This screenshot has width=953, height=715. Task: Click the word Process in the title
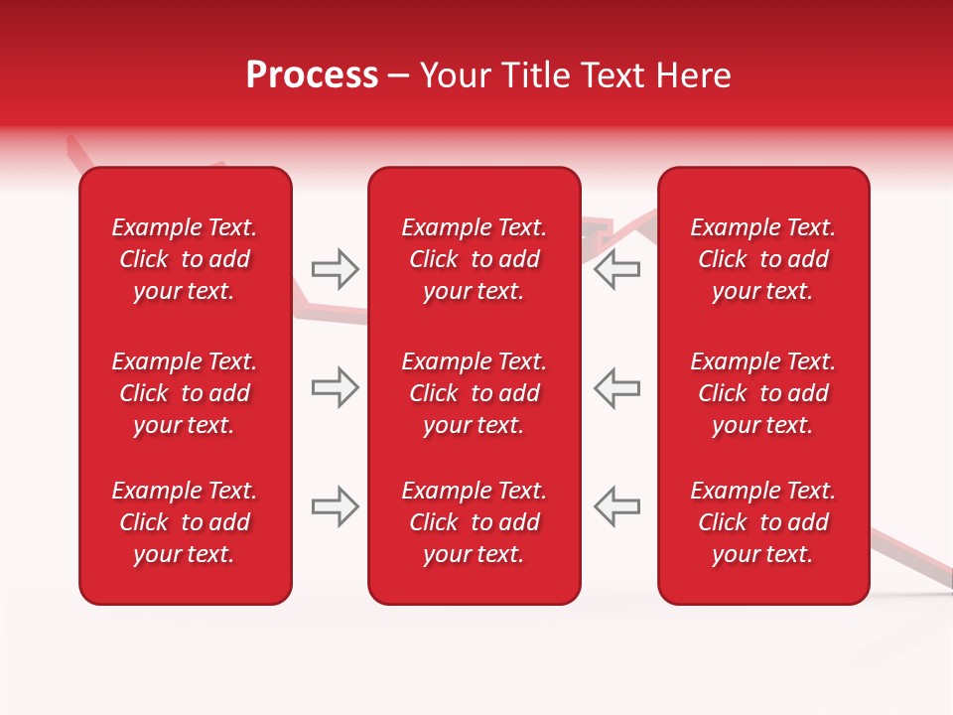click(x=312, y=75)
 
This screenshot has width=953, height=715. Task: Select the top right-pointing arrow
click(x=335, y=268)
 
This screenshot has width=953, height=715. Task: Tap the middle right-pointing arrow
click(x=335, y=387)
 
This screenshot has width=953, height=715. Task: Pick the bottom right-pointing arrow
click(x=335, y=506)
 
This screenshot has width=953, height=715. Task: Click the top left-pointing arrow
click(x=617, y=268)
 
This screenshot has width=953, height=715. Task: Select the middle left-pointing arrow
click(x=617, y=387)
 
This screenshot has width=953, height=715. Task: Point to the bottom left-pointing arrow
click(x=617, y=506)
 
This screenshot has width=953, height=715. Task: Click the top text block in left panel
click(x=185, y=259)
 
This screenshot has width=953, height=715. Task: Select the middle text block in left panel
click(x=185, y=393)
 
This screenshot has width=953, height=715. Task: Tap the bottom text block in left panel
click(x=185, y=522)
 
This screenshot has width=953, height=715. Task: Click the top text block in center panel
click(x=474, y=259)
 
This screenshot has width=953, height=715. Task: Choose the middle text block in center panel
click(x=474, y=393)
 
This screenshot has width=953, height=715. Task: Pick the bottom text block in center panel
click(x=474, y=522)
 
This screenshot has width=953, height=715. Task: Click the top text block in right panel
click(x=762, y=259)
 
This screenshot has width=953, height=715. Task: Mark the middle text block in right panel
click(x=762, y=393)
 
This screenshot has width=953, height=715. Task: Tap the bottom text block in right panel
click(x=762, y=522)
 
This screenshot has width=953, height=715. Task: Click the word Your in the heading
click(x=455, y=75)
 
